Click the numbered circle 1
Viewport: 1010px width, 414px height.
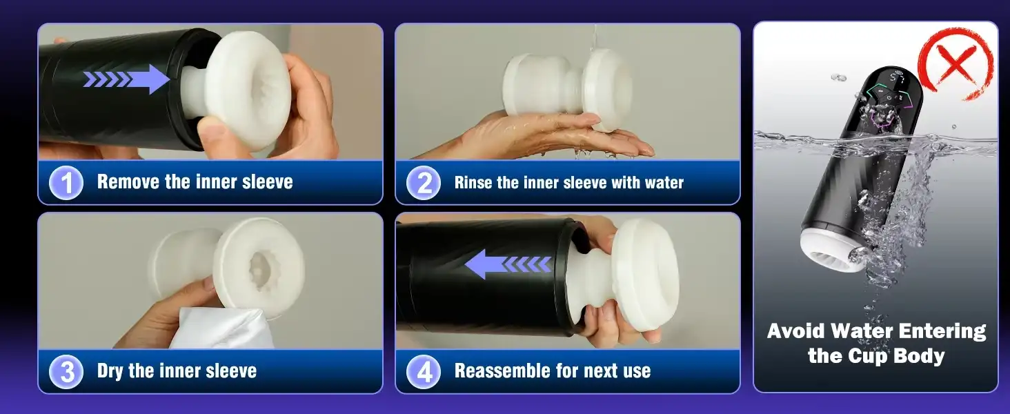click(67, 183)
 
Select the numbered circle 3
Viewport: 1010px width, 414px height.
click(67, 372)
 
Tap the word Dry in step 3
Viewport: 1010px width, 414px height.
click(110, 371)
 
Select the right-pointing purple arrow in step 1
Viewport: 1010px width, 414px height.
click(128, 79)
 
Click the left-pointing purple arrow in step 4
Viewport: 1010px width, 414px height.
click(507, 264)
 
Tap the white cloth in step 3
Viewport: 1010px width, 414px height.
click(207, 329)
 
